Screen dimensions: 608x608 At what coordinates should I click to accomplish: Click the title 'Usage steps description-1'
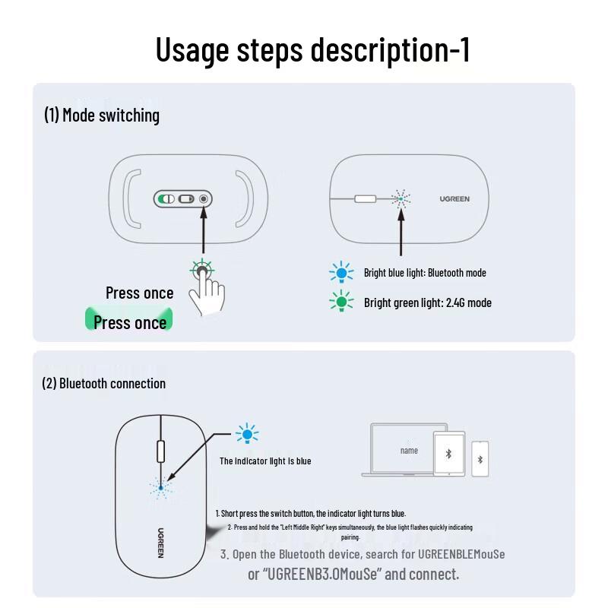(312, 50)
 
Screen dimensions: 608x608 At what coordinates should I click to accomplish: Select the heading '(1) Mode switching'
(102, 116)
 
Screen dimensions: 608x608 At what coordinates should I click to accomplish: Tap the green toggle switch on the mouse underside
(166, 200)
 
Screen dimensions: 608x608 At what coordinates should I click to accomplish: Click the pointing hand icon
(204, 290)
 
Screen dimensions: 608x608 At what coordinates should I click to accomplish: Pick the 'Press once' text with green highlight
(130, 322)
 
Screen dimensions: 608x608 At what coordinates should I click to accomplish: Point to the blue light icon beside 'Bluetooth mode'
(341, 273)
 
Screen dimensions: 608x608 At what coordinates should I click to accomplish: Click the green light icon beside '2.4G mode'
(341, 302)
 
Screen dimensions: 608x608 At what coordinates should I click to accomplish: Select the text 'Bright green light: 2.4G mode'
(427, 302)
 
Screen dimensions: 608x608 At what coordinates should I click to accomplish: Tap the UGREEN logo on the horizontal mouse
(454, 199)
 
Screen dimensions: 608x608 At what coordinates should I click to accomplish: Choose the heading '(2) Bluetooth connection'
(103, 384)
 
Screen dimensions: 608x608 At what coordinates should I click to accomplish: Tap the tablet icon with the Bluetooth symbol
(448, 454)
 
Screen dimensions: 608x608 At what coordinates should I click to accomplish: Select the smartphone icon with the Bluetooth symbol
(480, 459)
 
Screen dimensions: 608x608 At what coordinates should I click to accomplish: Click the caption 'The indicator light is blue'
(265, 461)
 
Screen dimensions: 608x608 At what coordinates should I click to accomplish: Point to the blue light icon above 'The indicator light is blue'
(247, 435)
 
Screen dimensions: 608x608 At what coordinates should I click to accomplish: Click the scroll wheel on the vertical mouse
(160, 450)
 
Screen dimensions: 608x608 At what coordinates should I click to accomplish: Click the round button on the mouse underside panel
(203, 200)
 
